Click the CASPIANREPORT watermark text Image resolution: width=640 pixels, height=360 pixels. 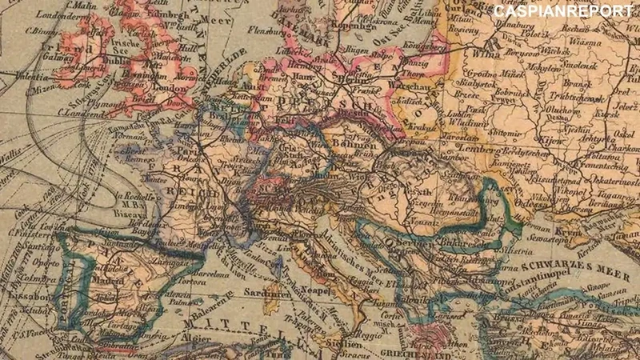point(563,11)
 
